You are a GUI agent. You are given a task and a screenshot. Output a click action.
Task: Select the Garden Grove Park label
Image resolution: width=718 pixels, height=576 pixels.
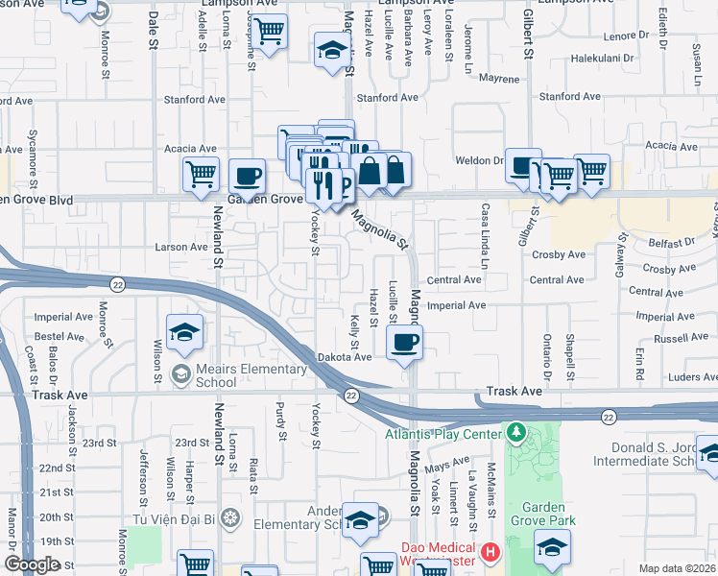tap(548, 514)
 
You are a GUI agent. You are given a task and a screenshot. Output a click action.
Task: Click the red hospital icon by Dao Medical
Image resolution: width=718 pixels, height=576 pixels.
tap(491, 552)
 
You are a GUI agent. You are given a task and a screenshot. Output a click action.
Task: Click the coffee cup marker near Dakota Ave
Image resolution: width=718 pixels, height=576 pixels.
tap(404, 341)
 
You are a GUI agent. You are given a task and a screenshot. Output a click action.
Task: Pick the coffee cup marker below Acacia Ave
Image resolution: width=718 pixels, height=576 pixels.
tap(248, 177)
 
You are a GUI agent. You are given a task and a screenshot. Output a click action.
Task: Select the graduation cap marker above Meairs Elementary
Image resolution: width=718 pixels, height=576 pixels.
tap(183, 332)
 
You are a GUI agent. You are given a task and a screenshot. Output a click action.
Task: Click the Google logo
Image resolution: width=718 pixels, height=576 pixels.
tap(33, 564)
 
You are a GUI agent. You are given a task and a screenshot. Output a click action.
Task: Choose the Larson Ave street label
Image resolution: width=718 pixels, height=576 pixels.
tap(181, 247)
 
